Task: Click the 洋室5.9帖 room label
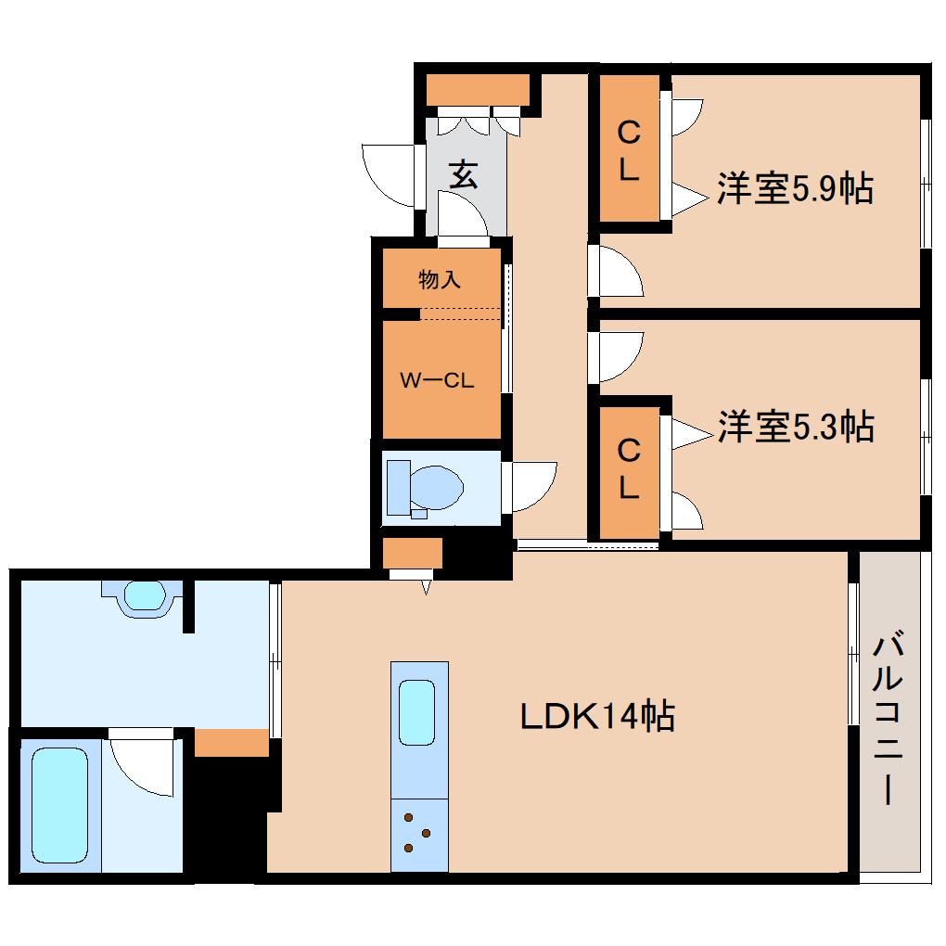[x=794, y=190]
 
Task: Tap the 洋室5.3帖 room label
[x=795, y=427]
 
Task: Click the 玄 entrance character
[x=464, y=174]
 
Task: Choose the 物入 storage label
[x=440, y=279]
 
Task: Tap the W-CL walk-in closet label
[x=437, y=379]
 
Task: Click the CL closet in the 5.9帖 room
[x=629, y=151]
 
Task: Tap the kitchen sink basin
[x=417, y=711]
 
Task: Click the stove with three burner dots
[x=418, y=833]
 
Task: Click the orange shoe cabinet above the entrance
[x=477, y=90]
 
